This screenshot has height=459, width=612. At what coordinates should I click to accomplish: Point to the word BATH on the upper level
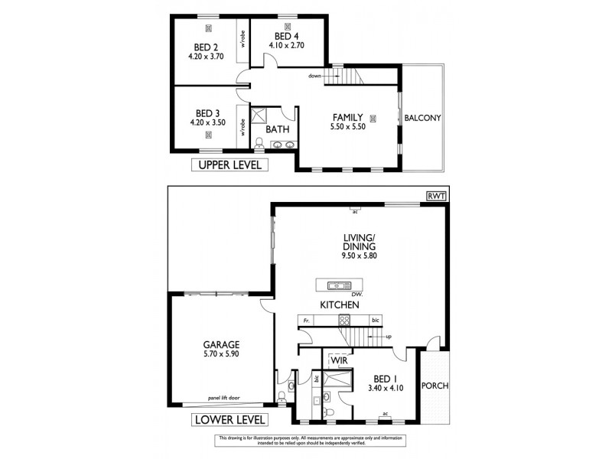277,129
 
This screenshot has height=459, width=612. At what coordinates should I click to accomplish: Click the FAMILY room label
347,117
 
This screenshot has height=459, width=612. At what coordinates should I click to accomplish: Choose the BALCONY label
422,118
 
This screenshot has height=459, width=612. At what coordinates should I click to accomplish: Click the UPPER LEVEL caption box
229,164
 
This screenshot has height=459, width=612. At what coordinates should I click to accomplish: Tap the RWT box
438,196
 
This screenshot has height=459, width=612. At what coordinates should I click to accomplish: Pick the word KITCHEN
340,304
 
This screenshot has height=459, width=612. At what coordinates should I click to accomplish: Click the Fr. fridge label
306,319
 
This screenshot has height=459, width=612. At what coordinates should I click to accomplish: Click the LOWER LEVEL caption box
229,420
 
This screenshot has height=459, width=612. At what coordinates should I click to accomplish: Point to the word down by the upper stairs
315,76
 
